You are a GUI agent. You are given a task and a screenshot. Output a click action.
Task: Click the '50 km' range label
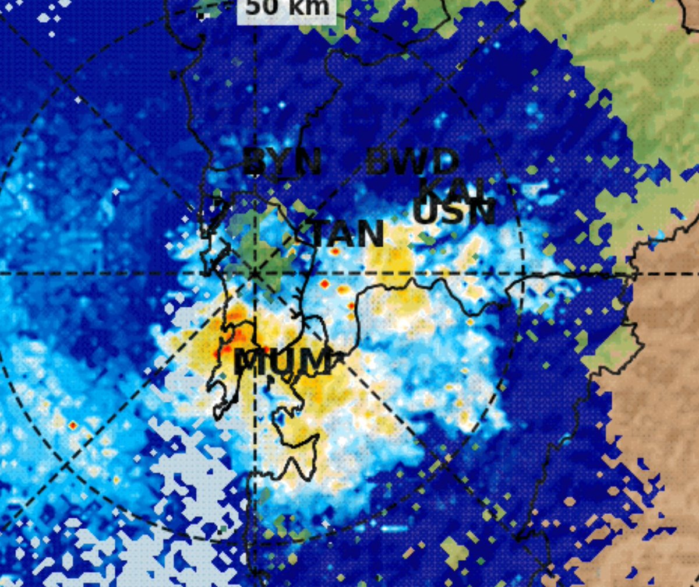click(x=287, y=8)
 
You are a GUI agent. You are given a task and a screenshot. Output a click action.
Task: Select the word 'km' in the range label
click(x=306, y=7)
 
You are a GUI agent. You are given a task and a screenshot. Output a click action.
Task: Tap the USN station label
click(x=454, y=212)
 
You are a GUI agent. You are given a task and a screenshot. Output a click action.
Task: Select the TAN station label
click(x=348, y=234)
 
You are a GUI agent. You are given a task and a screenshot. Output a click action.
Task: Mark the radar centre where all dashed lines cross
click(x=255, y=273)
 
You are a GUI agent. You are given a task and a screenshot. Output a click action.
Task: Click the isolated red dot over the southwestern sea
click(x=72, y=426)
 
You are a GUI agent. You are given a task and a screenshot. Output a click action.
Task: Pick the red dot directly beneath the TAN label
click(x=336, y=252)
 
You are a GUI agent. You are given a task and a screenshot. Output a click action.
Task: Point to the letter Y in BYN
click(x=282, y=162)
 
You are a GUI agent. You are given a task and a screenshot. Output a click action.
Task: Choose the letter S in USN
click(x=454, y=212)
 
